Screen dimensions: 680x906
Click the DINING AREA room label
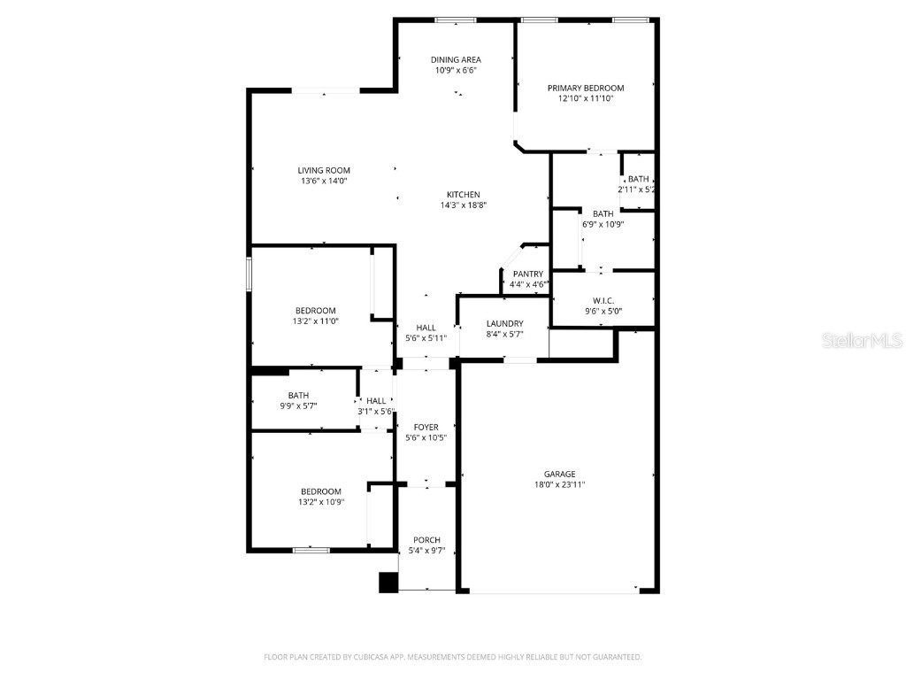(457, 59)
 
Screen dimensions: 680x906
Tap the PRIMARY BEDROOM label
(585, 88)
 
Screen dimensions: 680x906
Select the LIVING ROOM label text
(324, 170)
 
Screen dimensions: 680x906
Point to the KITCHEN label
(463, 195)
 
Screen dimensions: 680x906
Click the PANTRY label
(528, 274)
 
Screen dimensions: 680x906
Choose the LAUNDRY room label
(504, 324)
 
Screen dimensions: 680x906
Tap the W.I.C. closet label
(603, 301)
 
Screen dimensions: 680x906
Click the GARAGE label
(559, 474)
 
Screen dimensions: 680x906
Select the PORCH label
(426, 540)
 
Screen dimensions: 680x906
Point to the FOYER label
(426, 428)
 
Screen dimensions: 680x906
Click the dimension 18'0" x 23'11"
(559, 484)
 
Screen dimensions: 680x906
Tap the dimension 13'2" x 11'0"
(316, 321)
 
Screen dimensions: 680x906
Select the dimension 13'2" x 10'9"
(319, 502)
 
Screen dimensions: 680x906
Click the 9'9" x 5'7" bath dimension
(297, 406)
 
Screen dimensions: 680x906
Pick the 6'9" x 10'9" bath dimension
(603, 224)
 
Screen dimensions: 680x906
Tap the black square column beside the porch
(388, 583)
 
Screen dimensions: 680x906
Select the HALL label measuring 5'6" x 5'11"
(426, 328)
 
